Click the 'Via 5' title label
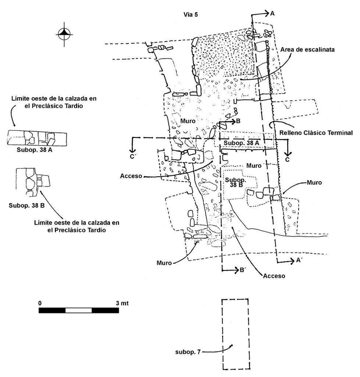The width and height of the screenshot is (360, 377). [x=191, y=15]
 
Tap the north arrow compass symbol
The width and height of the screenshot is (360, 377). [x=64, y=34]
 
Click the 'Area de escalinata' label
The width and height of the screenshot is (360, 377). [x=307, y=50]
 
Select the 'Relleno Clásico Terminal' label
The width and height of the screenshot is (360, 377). [x=316, y=133]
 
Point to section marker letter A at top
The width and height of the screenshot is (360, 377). [x=272, y=14]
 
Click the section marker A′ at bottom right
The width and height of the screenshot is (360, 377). [x=299, y=260]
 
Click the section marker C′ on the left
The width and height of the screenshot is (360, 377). [x=133, y=157]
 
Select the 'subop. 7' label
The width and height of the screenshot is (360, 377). [x=188, y=352]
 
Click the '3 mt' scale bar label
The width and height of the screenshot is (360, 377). [x=122, y=303]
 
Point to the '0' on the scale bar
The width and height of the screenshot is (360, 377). [x=40, y=303]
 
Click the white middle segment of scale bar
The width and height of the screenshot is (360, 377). [x=79, y=310]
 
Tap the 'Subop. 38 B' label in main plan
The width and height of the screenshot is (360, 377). [x=236, y=182]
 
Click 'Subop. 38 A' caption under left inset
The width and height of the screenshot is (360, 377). [x=35, y=150]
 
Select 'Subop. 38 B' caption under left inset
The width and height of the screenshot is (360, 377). [x=26, y=205]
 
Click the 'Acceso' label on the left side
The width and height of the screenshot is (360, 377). [x=131, y=176]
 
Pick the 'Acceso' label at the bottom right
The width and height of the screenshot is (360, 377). [x=274, y=276]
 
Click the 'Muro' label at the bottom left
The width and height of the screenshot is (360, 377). [x=164, y=263]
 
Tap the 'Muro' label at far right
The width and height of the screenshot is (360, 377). [x=314, y=183]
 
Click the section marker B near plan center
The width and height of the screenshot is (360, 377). [x=238, y=121]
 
